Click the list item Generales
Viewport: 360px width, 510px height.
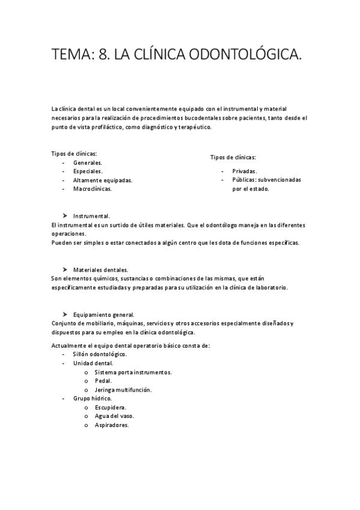pos(88,163)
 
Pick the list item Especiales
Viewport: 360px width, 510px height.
pos(88,171)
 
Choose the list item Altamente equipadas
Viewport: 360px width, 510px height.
pos(103,180)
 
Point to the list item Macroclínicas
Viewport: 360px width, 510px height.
pos(93,188)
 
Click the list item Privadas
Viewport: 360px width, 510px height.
pos(245,171)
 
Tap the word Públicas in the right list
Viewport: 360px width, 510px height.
pos(244,180)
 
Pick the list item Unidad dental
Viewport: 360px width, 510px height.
pos(93,363)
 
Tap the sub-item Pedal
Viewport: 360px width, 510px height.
pos(103,381)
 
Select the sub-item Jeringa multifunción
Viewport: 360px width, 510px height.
pos(123,390)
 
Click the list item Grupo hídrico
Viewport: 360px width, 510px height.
pos(93,398)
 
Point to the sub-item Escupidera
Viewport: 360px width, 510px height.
pos(110,407)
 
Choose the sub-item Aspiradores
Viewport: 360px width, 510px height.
pos(112,425)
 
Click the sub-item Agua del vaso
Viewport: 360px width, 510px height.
pos(114,416)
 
